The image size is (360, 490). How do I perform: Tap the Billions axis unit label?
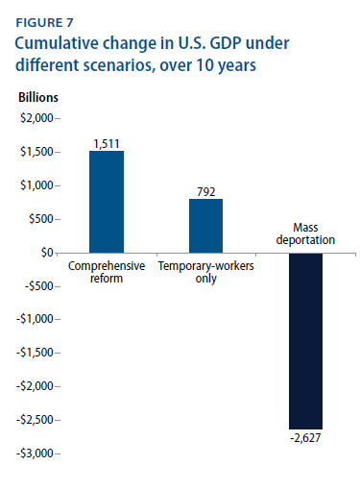39,98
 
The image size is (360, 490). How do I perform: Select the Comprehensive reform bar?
106,201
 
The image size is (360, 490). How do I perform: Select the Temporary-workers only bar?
205,225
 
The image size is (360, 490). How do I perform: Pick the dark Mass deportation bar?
305,340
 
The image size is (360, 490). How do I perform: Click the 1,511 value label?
106,143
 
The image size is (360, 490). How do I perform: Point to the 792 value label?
205,191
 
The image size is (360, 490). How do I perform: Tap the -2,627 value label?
305,438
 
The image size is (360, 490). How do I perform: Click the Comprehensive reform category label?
106,271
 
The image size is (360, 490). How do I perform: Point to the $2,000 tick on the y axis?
36,118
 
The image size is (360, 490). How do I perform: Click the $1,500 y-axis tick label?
36,152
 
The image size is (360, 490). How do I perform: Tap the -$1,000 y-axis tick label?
35,319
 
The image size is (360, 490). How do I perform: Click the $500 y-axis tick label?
40,219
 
